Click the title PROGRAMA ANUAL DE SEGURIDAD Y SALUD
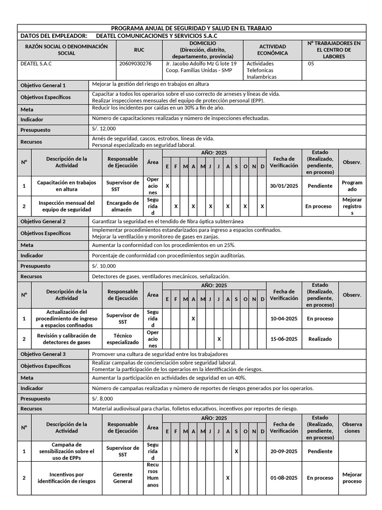coord(191,28)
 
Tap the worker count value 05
coord(311,64)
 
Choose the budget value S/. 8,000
coord(102,398)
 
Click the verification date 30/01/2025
coord(284,186)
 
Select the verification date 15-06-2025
coord(284,339)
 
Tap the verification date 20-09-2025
coord(284,451)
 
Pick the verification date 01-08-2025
coord(284,478)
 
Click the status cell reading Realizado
coord(320,339)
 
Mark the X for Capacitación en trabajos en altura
coord(167,186)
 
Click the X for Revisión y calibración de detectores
coord(219,339)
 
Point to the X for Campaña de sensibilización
coord(236,451)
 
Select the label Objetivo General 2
coord(43,221)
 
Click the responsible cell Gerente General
coord(122,478)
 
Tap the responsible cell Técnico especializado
coord(122,339)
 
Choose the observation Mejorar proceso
coord(352,478)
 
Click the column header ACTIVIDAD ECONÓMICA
coord(272,50)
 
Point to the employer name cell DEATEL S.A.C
coord(36,64)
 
